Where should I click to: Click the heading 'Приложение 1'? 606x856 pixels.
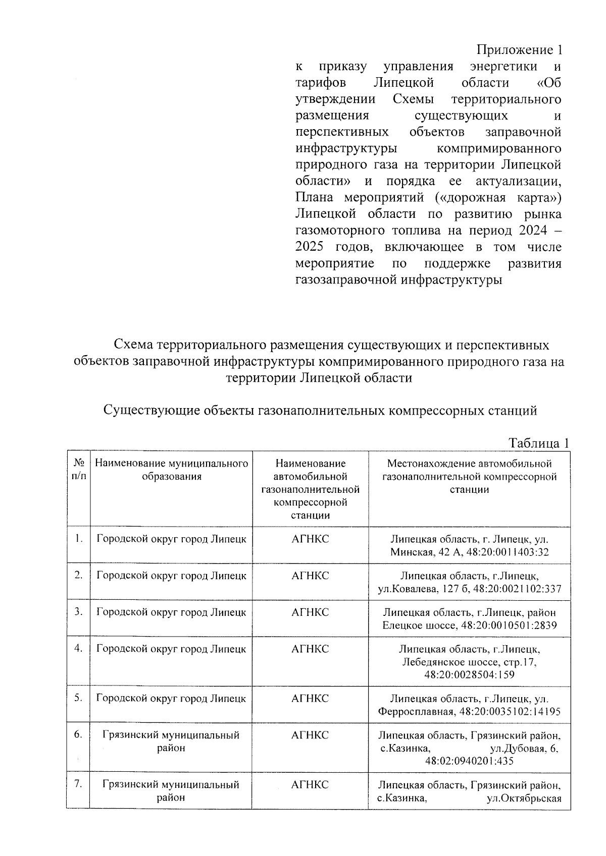519,50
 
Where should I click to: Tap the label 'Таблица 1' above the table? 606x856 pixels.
538,443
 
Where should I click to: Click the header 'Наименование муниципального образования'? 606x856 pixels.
171,470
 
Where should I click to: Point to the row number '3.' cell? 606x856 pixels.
79,612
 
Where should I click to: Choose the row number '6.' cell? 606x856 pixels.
79,735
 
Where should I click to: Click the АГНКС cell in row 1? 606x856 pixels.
310,539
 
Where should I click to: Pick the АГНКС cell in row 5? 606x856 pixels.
310,699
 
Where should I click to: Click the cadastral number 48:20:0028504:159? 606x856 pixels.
469,675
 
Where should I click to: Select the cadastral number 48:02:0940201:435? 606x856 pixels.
469,761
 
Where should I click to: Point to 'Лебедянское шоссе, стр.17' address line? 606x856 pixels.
469,662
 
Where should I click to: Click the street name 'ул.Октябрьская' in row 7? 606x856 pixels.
524,798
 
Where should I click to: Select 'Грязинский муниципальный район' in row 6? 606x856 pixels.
171,741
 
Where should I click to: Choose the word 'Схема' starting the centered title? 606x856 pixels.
133,346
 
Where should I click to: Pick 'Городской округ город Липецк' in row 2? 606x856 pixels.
171,576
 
